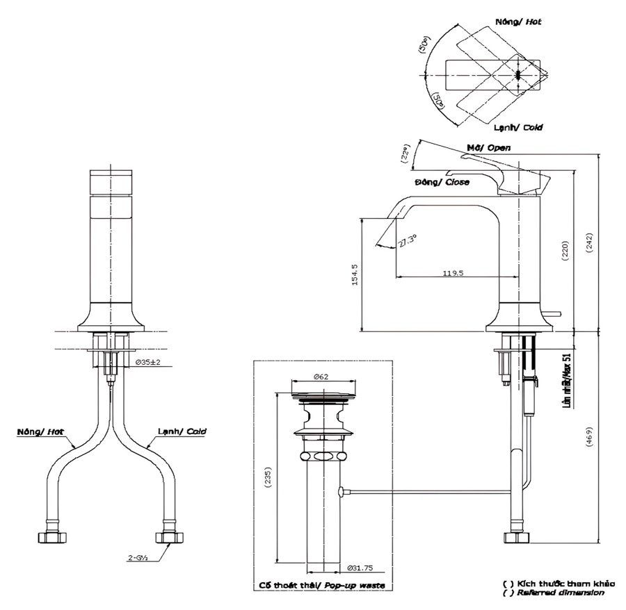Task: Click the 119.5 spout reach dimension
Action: pyautogui.click(x=453, y=273)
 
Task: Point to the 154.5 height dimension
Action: pyautogui.click(x=354, y=274)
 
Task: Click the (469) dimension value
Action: pyautogui.click(x=589, y=436)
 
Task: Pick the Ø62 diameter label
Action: pyautogui.click(x=321, y=376)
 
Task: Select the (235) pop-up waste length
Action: pyautogui.click(x=267, y=479)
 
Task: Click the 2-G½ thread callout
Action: pyautogui.click(x=136, y=557)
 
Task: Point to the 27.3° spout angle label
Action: pyautogui.click(x=408, y=240)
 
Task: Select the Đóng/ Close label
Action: pyautogui.click(x=442, y=182)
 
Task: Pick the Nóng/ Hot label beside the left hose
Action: pyautogui.click(x=41, y=431)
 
